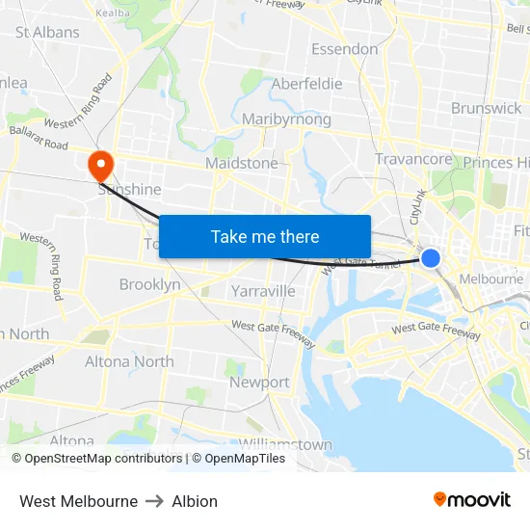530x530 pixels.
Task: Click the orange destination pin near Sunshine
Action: pyautogui.click(x=100, y=165)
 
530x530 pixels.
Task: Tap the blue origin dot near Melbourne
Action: pyautogui.click(x=431, y=258)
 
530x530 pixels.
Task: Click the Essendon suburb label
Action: pyautogui.click(x=344, y=49)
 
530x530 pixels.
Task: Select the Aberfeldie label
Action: pyautogui.click(x=306, y=84)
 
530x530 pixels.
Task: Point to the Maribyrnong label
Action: pyautogui.click(x=286, y=119)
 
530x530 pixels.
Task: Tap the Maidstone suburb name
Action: pyautogui.click(x=241, y=164)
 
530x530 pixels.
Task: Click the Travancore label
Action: pyautogui.click(x=413, y=159)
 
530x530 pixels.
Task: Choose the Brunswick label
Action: pyautogui.click(x=486, y=108)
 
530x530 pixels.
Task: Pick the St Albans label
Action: pyautogui.click(x=47, y=32)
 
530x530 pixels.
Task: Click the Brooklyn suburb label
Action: pyautogui.click(x=149, y=284)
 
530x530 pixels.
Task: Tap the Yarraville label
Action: pyautogui.click(x=263, y=290)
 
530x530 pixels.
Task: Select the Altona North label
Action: pyautogui.click(x=129, y=361)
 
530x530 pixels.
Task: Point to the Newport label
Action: pyautogui.click(x=259, y=383)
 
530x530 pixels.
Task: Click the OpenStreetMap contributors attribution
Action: pyautogui.click(x=96, y=459)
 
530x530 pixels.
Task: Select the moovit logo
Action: pyautogui.click(x=472, y=499)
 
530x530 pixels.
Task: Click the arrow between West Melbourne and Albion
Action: pyautogui.click(x=155, y=501)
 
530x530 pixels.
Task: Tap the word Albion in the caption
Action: pyautogui.click(x=195, y=501)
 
